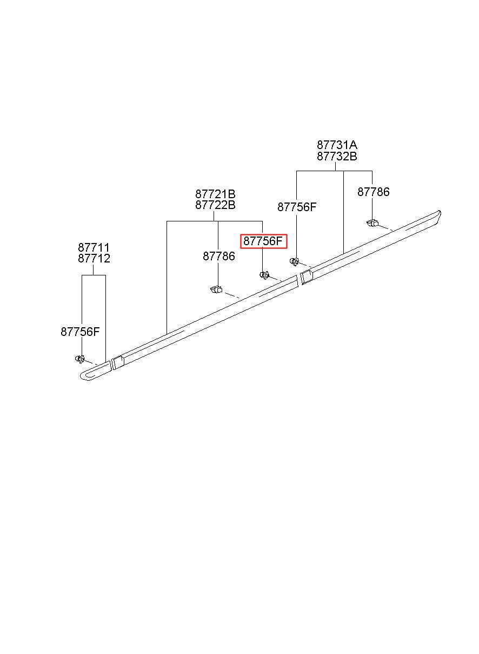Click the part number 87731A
[337, 145]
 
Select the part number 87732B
[337, 157]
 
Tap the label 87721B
[215, 194]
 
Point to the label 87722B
[215, 205]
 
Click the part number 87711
[94, 248]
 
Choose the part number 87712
[94, 259]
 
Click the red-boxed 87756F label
[263, 241]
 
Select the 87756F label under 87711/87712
[80, 332]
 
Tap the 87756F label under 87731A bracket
[297, 207]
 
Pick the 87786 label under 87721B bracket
[218, 257]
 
